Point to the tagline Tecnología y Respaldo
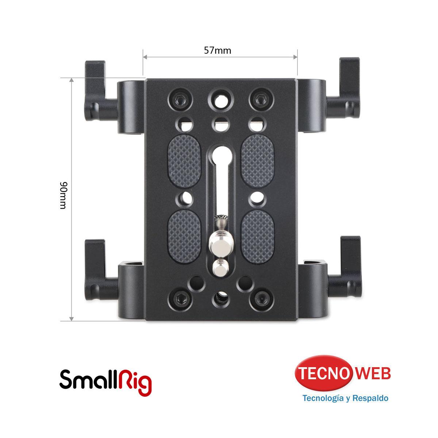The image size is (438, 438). coord(345,398)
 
